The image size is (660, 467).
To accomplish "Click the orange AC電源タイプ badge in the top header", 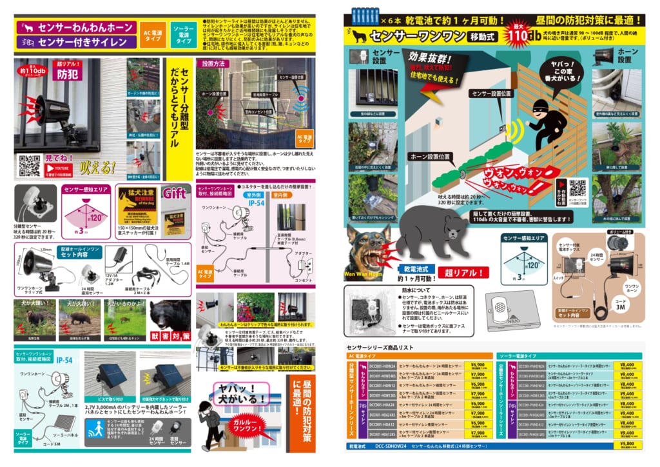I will (x=155, y=34).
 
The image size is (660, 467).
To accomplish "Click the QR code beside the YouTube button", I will (x=29, y=166).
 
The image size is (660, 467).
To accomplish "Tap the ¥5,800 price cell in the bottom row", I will (x=626, y=444).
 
